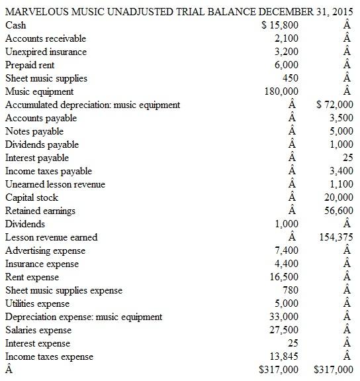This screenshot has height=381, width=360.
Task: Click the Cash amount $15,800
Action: pos(280,25)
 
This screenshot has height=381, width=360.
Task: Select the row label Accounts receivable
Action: pos(46,38)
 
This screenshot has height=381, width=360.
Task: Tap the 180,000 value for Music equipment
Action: pos(281,91)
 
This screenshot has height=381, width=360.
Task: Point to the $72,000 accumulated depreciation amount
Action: pos(335,105)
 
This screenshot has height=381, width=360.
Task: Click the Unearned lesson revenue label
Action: pos(55,184)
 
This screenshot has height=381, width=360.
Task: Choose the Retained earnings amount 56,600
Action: pos(340,211)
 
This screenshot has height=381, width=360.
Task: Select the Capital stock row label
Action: pos(32,197)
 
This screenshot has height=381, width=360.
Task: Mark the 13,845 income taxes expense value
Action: pos(285,356)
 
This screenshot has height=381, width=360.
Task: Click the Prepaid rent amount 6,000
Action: pos(287,65)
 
